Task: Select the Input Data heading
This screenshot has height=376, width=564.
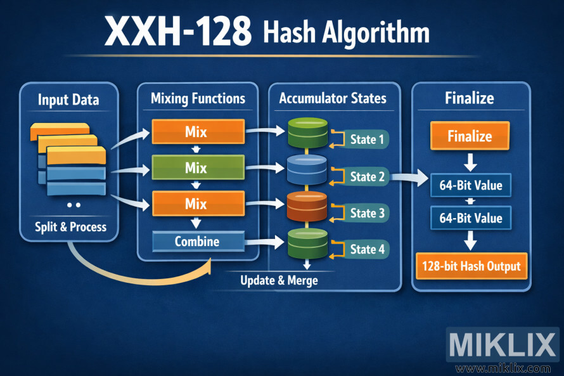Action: pos(68,100)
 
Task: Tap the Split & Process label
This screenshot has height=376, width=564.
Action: pos(70,226)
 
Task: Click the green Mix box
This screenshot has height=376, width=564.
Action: pos(197,168)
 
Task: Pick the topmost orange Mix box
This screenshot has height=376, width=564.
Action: pos(197,133)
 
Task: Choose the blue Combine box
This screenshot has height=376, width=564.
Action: pos(197,242)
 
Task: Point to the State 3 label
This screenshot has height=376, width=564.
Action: pos(367,213)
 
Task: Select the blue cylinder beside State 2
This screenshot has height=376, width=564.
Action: pos(306,169)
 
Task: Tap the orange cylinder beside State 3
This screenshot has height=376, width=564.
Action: pos(306,206)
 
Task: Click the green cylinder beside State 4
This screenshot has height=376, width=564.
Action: pos(306,242)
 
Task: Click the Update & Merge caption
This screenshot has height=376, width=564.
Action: pos(279,280)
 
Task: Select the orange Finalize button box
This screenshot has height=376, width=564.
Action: pos(470,136)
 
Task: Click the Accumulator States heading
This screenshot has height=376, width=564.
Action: pos(333,98)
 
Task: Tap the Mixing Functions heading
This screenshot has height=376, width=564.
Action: pos(198,98)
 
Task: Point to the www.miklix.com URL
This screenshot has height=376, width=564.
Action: pos(504,368)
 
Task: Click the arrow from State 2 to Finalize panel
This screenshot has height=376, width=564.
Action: pos(409,178)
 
